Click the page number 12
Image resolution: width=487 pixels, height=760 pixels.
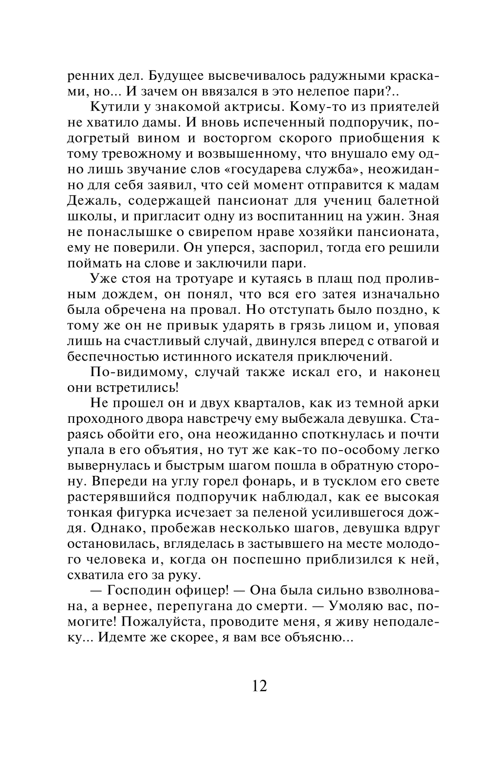[x=260, y=686]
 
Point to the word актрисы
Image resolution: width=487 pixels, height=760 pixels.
[x=248, y=107]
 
